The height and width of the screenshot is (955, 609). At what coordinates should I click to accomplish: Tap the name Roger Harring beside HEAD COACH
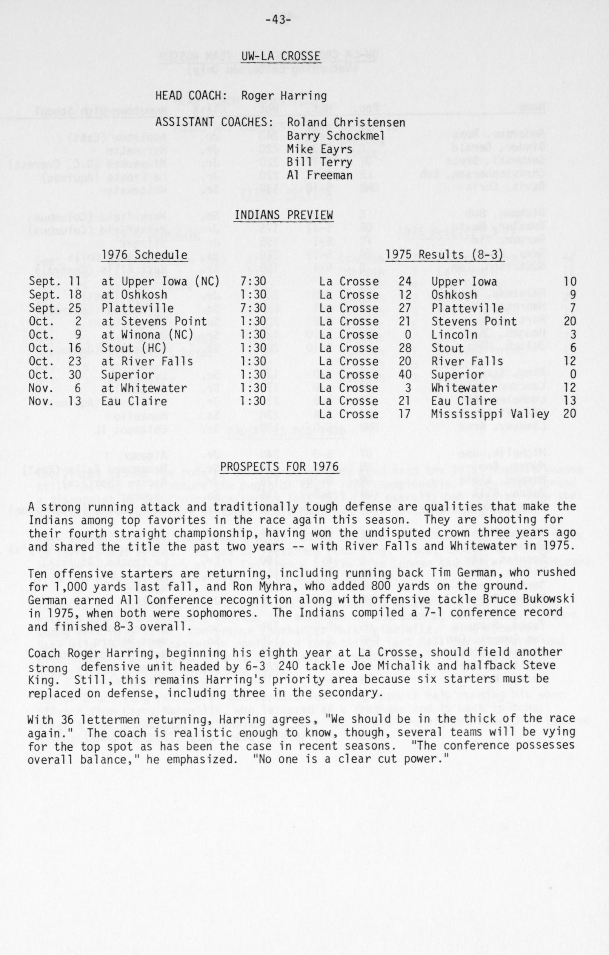284,96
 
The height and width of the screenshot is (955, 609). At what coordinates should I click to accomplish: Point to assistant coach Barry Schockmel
336,136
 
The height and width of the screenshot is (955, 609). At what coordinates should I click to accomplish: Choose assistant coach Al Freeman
320,175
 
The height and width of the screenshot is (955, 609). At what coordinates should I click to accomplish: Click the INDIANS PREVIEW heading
283,215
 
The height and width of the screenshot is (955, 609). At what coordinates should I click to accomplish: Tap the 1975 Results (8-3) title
444,255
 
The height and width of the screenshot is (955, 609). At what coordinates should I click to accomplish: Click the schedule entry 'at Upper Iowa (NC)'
160,282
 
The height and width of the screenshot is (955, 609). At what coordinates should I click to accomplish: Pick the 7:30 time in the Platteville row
253,308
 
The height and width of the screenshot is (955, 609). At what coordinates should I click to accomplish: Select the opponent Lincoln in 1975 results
454,335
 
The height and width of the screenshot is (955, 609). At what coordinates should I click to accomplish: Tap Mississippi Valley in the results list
490,414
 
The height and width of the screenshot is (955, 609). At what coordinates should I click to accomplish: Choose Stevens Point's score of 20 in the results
570,321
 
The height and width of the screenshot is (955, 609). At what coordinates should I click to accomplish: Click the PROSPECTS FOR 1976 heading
279,467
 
